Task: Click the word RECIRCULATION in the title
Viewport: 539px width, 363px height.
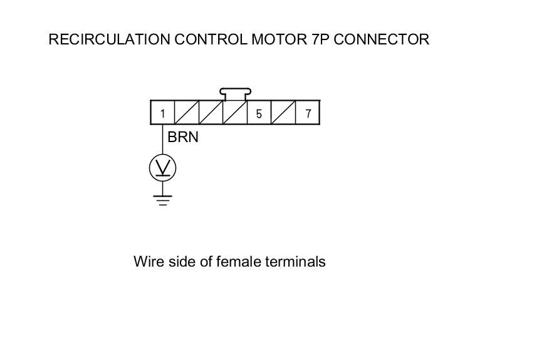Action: pyautogui.click(x=108, y=39)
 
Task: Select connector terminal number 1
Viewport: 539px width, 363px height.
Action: pyautogui.click(x=162, y=113)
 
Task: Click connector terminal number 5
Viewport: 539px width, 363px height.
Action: pyautogui.click(x=259, y=113)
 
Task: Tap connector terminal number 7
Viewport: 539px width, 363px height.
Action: pyautogui.click(x=308, y=113)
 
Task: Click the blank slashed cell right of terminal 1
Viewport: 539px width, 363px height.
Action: pyautogui.click(x=187, y=113)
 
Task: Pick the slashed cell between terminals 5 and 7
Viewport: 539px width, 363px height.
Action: pyautogui.click(x=283, y=113)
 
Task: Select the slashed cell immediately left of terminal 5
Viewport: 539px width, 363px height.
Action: pyautogui.click(x=235, y=113)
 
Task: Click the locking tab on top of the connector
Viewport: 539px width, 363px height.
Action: pyautogui.click(x=234, y=94)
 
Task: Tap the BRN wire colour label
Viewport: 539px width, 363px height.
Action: pyautogui.click(x=183, y=137)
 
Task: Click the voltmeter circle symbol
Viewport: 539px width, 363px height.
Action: pyautogui.click(x=162, y=167)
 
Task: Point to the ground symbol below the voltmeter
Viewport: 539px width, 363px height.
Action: pyautogui.click(x=162, y=200)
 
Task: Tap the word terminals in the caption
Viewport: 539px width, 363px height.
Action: pyautogui.click(x=295, y=262)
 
